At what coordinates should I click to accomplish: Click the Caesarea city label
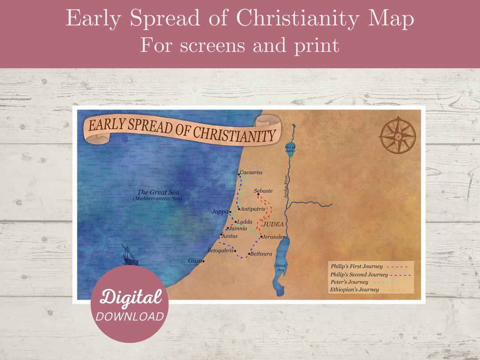tap(252, 172)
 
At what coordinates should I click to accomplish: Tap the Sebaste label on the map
tap(264, 191)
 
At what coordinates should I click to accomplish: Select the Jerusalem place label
tap(275, 237)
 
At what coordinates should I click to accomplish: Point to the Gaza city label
tap(195, 261)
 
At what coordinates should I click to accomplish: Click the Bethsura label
tap(261, 254)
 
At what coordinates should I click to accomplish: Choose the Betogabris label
tap(220, 251)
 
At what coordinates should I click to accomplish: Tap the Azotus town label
tap(230, 236)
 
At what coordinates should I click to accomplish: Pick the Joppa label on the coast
tap(220, 212)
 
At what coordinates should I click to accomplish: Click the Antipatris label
tap(252, 208)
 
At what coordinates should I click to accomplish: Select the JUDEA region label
tap(273, 224)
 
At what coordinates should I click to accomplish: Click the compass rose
tap(398, 135)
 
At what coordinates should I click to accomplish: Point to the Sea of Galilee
tap(291, 148)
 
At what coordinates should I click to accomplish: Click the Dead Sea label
tap(281, 268)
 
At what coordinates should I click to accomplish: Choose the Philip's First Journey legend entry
tap(356, 266)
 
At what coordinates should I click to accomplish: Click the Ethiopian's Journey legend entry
tap(355, 290)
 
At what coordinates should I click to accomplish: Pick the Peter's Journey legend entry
tap(349, 282)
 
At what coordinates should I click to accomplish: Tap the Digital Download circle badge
tap(129, 304)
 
